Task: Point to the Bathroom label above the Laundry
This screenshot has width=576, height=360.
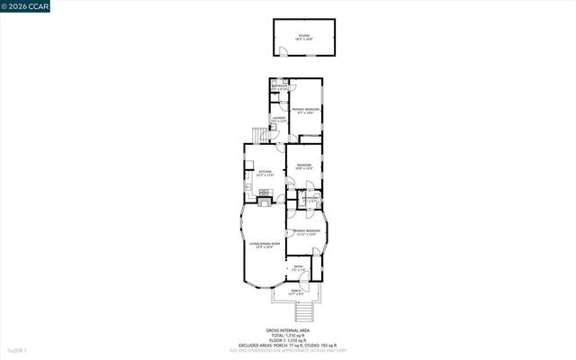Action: pos(279,87)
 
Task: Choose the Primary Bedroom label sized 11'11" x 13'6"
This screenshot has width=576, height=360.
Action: pos(305,233)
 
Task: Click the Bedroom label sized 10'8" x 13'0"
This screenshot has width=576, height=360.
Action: pos(304,166)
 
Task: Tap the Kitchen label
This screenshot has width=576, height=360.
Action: pos(265,173)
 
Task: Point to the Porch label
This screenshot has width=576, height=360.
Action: pos(296,292)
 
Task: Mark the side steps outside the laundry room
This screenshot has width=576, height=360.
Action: pos(260,135)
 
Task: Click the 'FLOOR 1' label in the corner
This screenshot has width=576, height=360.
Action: pos(16,350)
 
